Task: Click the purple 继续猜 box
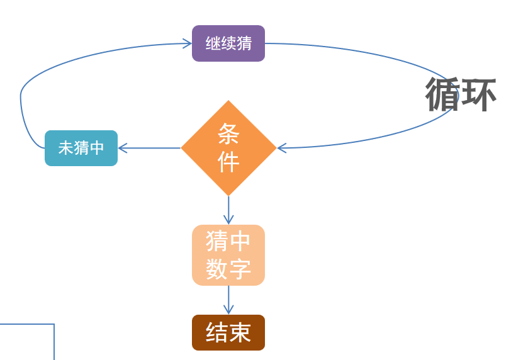coord(228,43)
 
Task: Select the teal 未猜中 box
coord(81,148)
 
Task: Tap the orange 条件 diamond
coord(228,148)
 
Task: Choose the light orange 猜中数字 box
coord(228,255)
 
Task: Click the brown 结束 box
coord(228,332)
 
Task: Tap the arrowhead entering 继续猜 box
coord(188,43)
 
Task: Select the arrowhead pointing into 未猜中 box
coord(122,148)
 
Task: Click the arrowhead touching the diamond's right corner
coord(281,148)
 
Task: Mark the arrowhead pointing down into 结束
coord(228,310)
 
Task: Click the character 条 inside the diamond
coord(228,133)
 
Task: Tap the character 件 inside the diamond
coord(228,162)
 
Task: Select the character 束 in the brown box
coord(240,332)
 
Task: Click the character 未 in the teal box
coord(65,148)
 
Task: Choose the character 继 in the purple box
coord(213,43)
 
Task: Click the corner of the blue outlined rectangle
coord(54,325)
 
